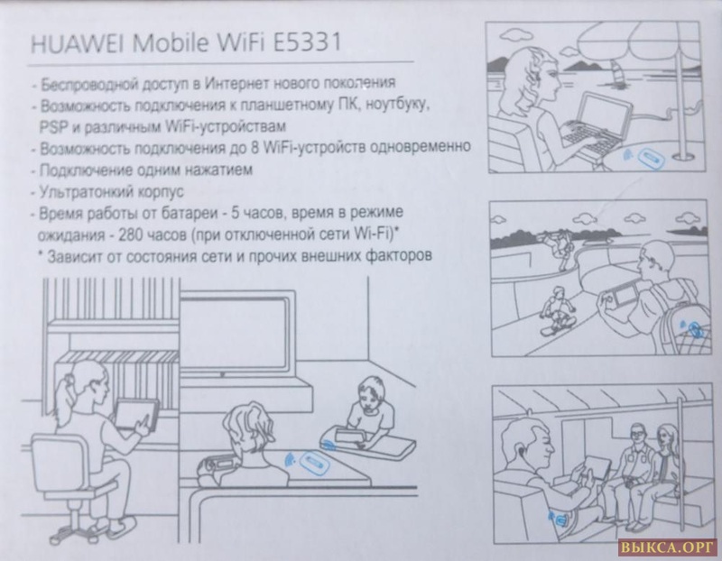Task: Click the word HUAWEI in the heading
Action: point(77,43)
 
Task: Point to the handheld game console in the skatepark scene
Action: point(620,296)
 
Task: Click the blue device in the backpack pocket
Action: point(694,329)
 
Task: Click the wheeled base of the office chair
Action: point(91,526)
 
